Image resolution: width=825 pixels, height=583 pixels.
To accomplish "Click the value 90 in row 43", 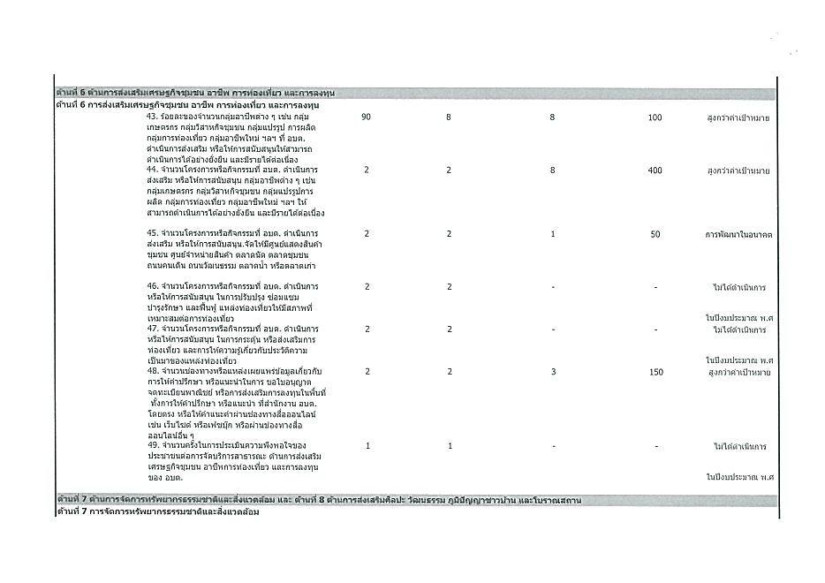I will click(366, 117).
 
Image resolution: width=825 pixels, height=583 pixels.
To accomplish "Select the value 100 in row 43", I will click(655, 117).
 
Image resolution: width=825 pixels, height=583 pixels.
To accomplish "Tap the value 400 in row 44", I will click(655, 170).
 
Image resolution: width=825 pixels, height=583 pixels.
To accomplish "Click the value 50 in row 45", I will click(655, 233).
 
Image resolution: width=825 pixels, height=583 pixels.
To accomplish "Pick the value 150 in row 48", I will click(655, 372).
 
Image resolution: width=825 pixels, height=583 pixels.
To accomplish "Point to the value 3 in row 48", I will click(552, 372).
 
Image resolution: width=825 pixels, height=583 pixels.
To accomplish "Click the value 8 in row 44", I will click(552, 170).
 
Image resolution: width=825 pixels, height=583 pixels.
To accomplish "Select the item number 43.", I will click(152, 117).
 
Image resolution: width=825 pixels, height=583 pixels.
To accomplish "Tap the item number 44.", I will click(152, 168).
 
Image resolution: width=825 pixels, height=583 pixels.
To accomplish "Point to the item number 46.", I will click(152, 287).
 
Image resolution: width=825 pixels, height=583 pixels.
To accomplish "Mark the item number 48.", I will click(152, 372).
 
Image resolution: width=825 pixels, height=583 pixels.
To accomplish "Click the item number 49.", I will click(152, 445).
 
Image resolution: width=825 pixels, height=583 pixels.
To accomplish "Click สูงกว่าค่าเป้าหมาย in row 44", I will click(739, 170).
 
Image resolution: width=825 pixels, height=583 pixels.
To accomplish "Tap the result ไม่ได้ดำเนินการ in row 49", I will click(739, 446).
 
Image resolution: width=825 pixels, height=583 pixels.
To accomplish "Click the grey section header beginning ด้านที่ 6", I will click(194, 93).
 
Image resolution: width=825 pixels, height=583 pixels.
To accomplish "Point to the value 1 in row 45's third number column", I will click(552, 233).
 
